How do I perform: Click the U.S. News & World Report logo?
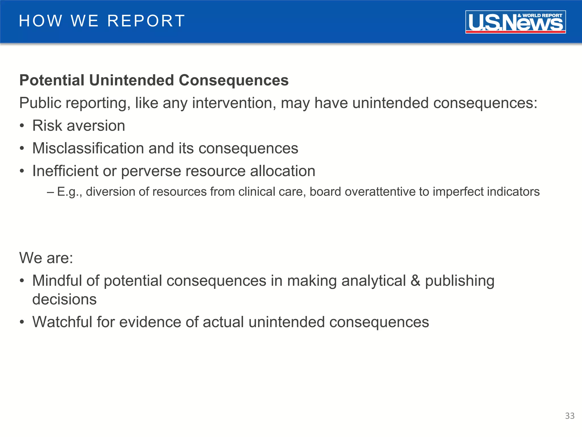click(515, 22)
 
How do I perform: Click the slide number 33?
click(569, 416)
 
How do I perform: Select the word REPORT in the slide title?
click(146, 21)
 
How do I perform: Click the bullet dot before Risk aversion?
click(22, 126)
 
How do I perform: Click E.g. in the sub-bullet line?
click(70, 192)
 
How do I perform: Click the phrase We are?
click(46, 258)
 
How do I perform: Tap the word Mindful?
click(57, 281)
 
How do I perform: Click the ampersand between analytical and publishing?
click(415, 281)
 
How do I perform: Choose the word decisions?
click(65, 299)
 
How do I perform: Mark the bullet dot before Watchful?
click(22, 323)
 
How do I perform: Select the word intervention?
click(234, 103)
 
